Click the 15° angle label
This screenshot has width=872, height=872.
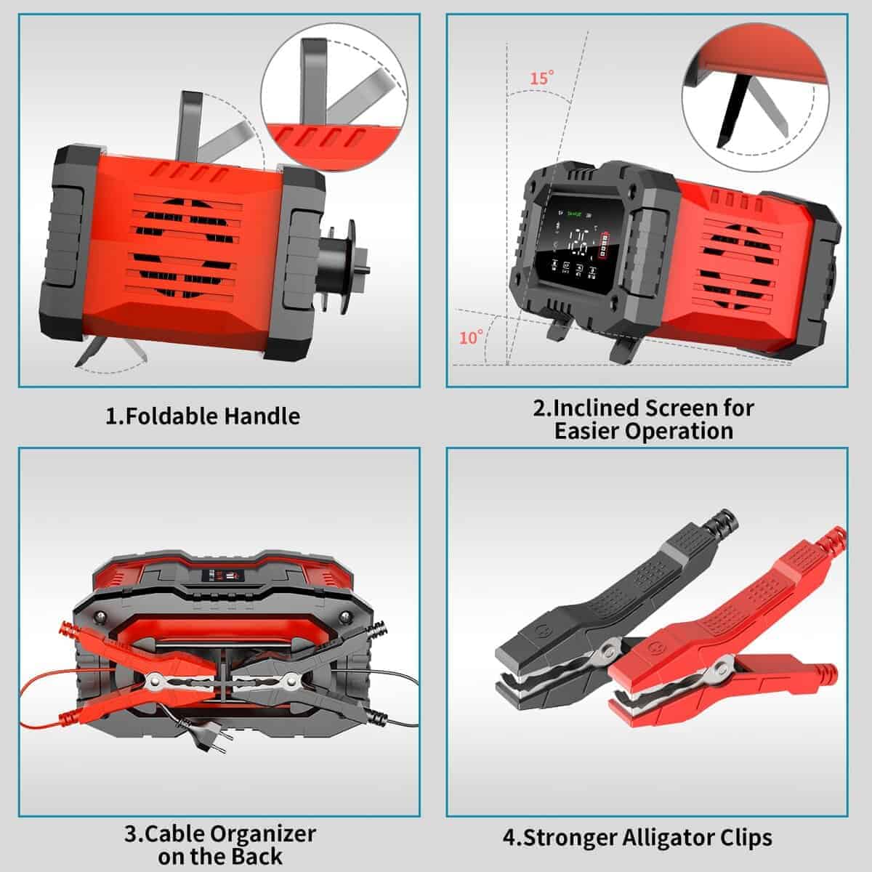click(541, 78)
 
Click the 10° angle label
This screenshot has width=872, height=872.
click(471, 337)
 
